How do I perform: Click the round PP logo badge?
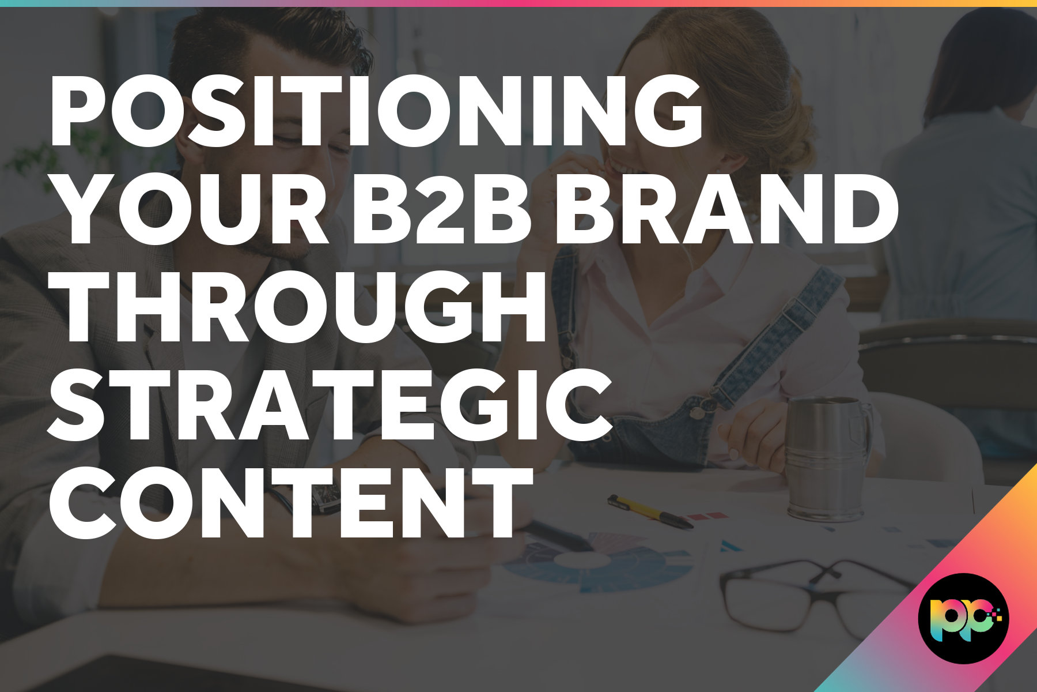(x=963, y=618)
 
